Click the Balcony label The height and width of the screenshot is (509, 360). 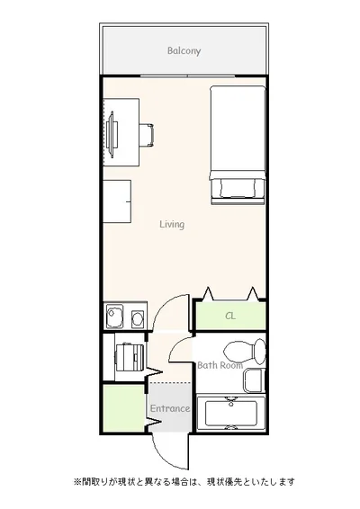coord(184,50)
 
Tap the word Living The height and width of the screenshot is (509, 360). coord(172,224)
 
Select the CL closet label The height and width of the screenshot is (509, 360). coord(230,316)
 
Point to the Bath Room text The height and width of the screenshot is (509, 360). coord(220,365)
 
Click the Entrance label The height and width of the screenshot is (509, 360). coord(170,408)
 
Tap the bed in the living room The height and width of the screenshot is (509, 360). coord(238,145)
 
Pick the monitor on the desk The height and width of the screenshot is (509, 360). coord(111,135)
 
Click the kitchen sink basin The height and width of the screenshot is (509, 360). coord(114,316)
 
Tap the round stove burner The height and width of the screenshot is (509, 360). coord(138,318)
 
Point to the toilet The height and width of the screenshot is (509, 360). coord(245,352)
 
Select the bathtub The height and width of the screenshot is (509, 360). coord(231,413)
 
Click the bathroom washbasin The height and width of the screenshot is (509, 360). coord(254,380)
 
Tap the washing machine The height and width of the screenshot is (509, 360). coord(130,357)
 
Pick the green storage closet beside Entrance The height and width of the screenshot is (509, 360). coord(123,408)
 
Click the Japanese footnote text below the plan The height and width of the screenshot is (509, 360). coord(184,482)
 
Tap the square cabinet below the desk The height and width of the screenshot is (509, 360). coord(117,201)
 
